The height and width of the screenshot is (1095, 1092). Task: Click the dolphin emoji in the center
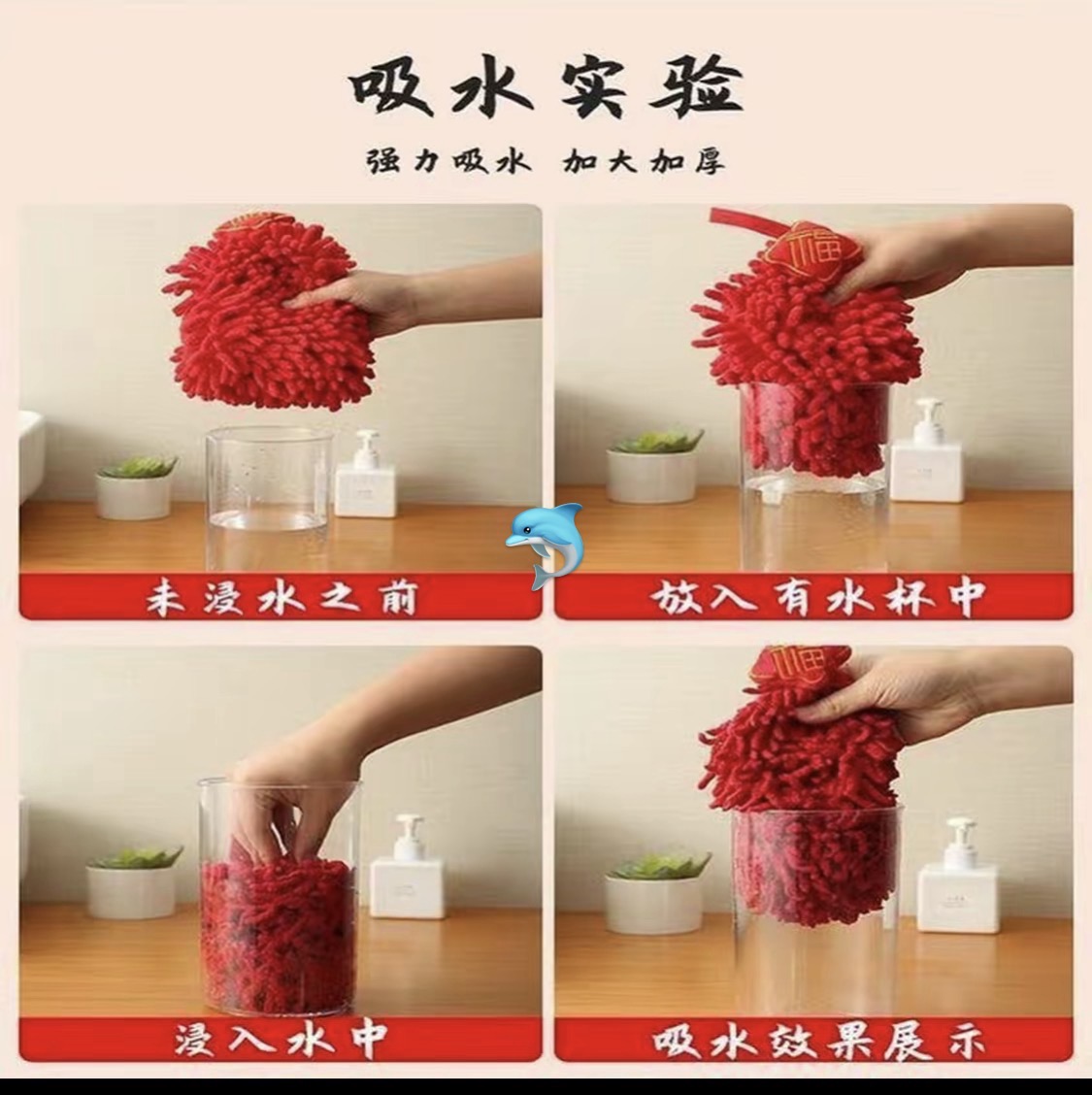pos(544,546)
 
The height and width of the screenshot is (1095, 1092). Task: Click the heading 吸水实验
pos(546,88)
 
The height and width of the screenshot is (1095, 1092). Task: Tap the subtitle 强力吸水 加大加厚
pos(546,162)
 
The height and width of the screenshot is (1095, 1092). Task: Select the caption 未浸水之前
pos(281,599)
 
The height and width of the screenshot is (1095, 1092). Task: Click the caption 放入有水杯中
pos(817,599)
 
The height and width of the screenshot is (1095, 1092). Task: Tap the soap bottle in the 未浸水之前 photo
pos(364,474)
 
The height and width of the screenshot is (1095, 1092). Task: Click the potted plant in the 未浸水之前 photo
pos(136,486)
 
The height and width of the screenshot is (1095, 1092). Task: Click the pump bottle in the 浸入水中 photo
pos(407,867)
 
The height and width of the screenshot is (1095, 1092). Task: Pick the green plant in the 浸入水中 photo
pos(134,881)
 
